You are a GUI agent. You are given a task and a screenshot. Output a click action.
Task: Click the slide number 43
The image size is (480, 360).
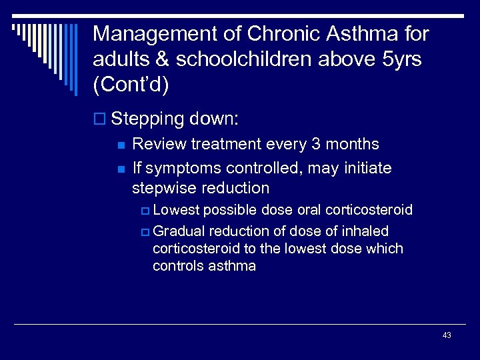(447, 335)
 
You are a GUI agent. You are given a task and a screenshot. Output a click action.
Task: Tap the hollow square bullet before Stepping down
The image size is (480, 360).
(100, 120)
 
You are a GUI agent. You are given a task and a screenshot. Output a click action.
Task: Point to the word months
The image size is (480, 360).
(357, 144)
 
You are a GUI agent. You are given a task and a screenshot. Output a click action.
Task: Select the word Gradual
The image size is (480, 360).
(179, 231)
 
